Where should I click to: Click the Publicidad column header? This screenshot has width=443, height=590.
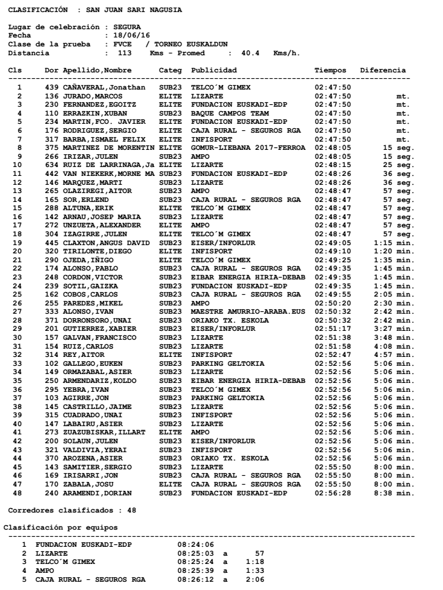point(214,70)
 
